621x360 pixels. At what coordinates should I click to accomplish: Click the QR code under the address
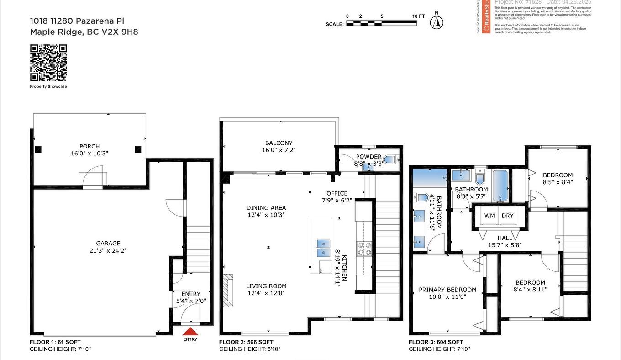tap(48, 63)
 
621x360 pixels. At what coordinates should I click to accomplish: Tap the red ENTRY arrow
tap(190, 332)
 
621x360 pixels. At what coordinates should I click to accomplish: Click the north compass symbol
tap(437, 22)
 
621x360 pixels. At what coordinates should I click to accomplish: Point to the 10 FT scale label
tap(418, 16)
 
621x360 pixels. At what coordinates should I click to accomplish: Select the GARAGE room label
tap(108, 244)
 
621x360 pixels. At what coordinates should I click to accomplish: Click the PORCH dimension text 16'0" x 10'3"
tap(89, 154)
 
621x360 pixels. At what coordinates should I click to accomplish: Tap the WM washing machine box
tap(489, 216)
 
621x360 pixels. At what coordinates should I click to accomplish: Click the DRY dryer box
tap(508, 216)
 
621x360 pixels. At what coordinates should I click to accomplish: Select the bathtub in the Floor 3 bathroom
tap(500, 185)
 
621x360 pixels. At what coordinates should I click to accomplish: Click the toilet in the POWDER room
tap(389, 160)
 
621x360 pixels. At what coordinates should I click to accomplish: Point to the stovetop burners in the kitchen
tap(364, 249)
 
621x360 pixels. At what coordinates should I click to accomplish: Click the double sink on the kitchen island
tap(323, 248)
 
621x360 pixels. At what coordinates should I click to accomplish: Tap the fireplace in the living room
tap(228, 290)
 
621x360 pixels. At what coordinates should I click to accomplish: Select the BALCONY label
tap(279, 143)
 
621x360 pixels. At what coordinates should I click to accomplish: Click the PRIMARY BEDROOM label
tap(447, 290)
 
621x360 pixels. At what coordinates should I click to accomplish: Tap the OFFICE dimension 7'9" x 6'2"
tap(337, 200)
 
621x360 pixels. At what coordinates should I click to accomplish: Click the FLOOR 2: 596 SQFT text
tap(246, 342)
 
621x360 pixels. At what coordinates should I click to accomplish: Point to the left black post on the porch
tap(38, 149)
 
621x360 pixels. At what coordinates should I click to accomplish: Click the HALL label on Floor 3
tap(505, 238)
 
